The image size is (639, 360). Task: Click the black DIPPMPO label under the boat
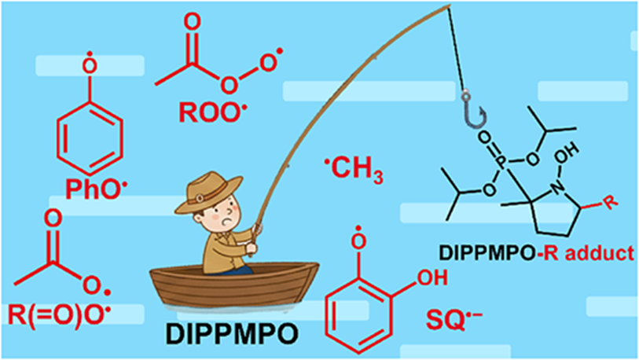(x=232, y=333)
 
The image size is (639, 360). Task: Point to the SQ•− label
(x=454, y=319)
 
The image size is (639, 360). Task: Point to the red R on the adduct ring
(x=610, y=201)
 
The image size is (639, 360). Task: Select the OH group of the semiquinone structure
(x=432, y=277)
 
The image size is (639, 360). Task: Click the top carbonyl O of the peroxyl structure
(x=192, y=21)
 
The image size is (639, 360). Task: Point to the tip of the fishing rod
(x=450, y=5)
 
